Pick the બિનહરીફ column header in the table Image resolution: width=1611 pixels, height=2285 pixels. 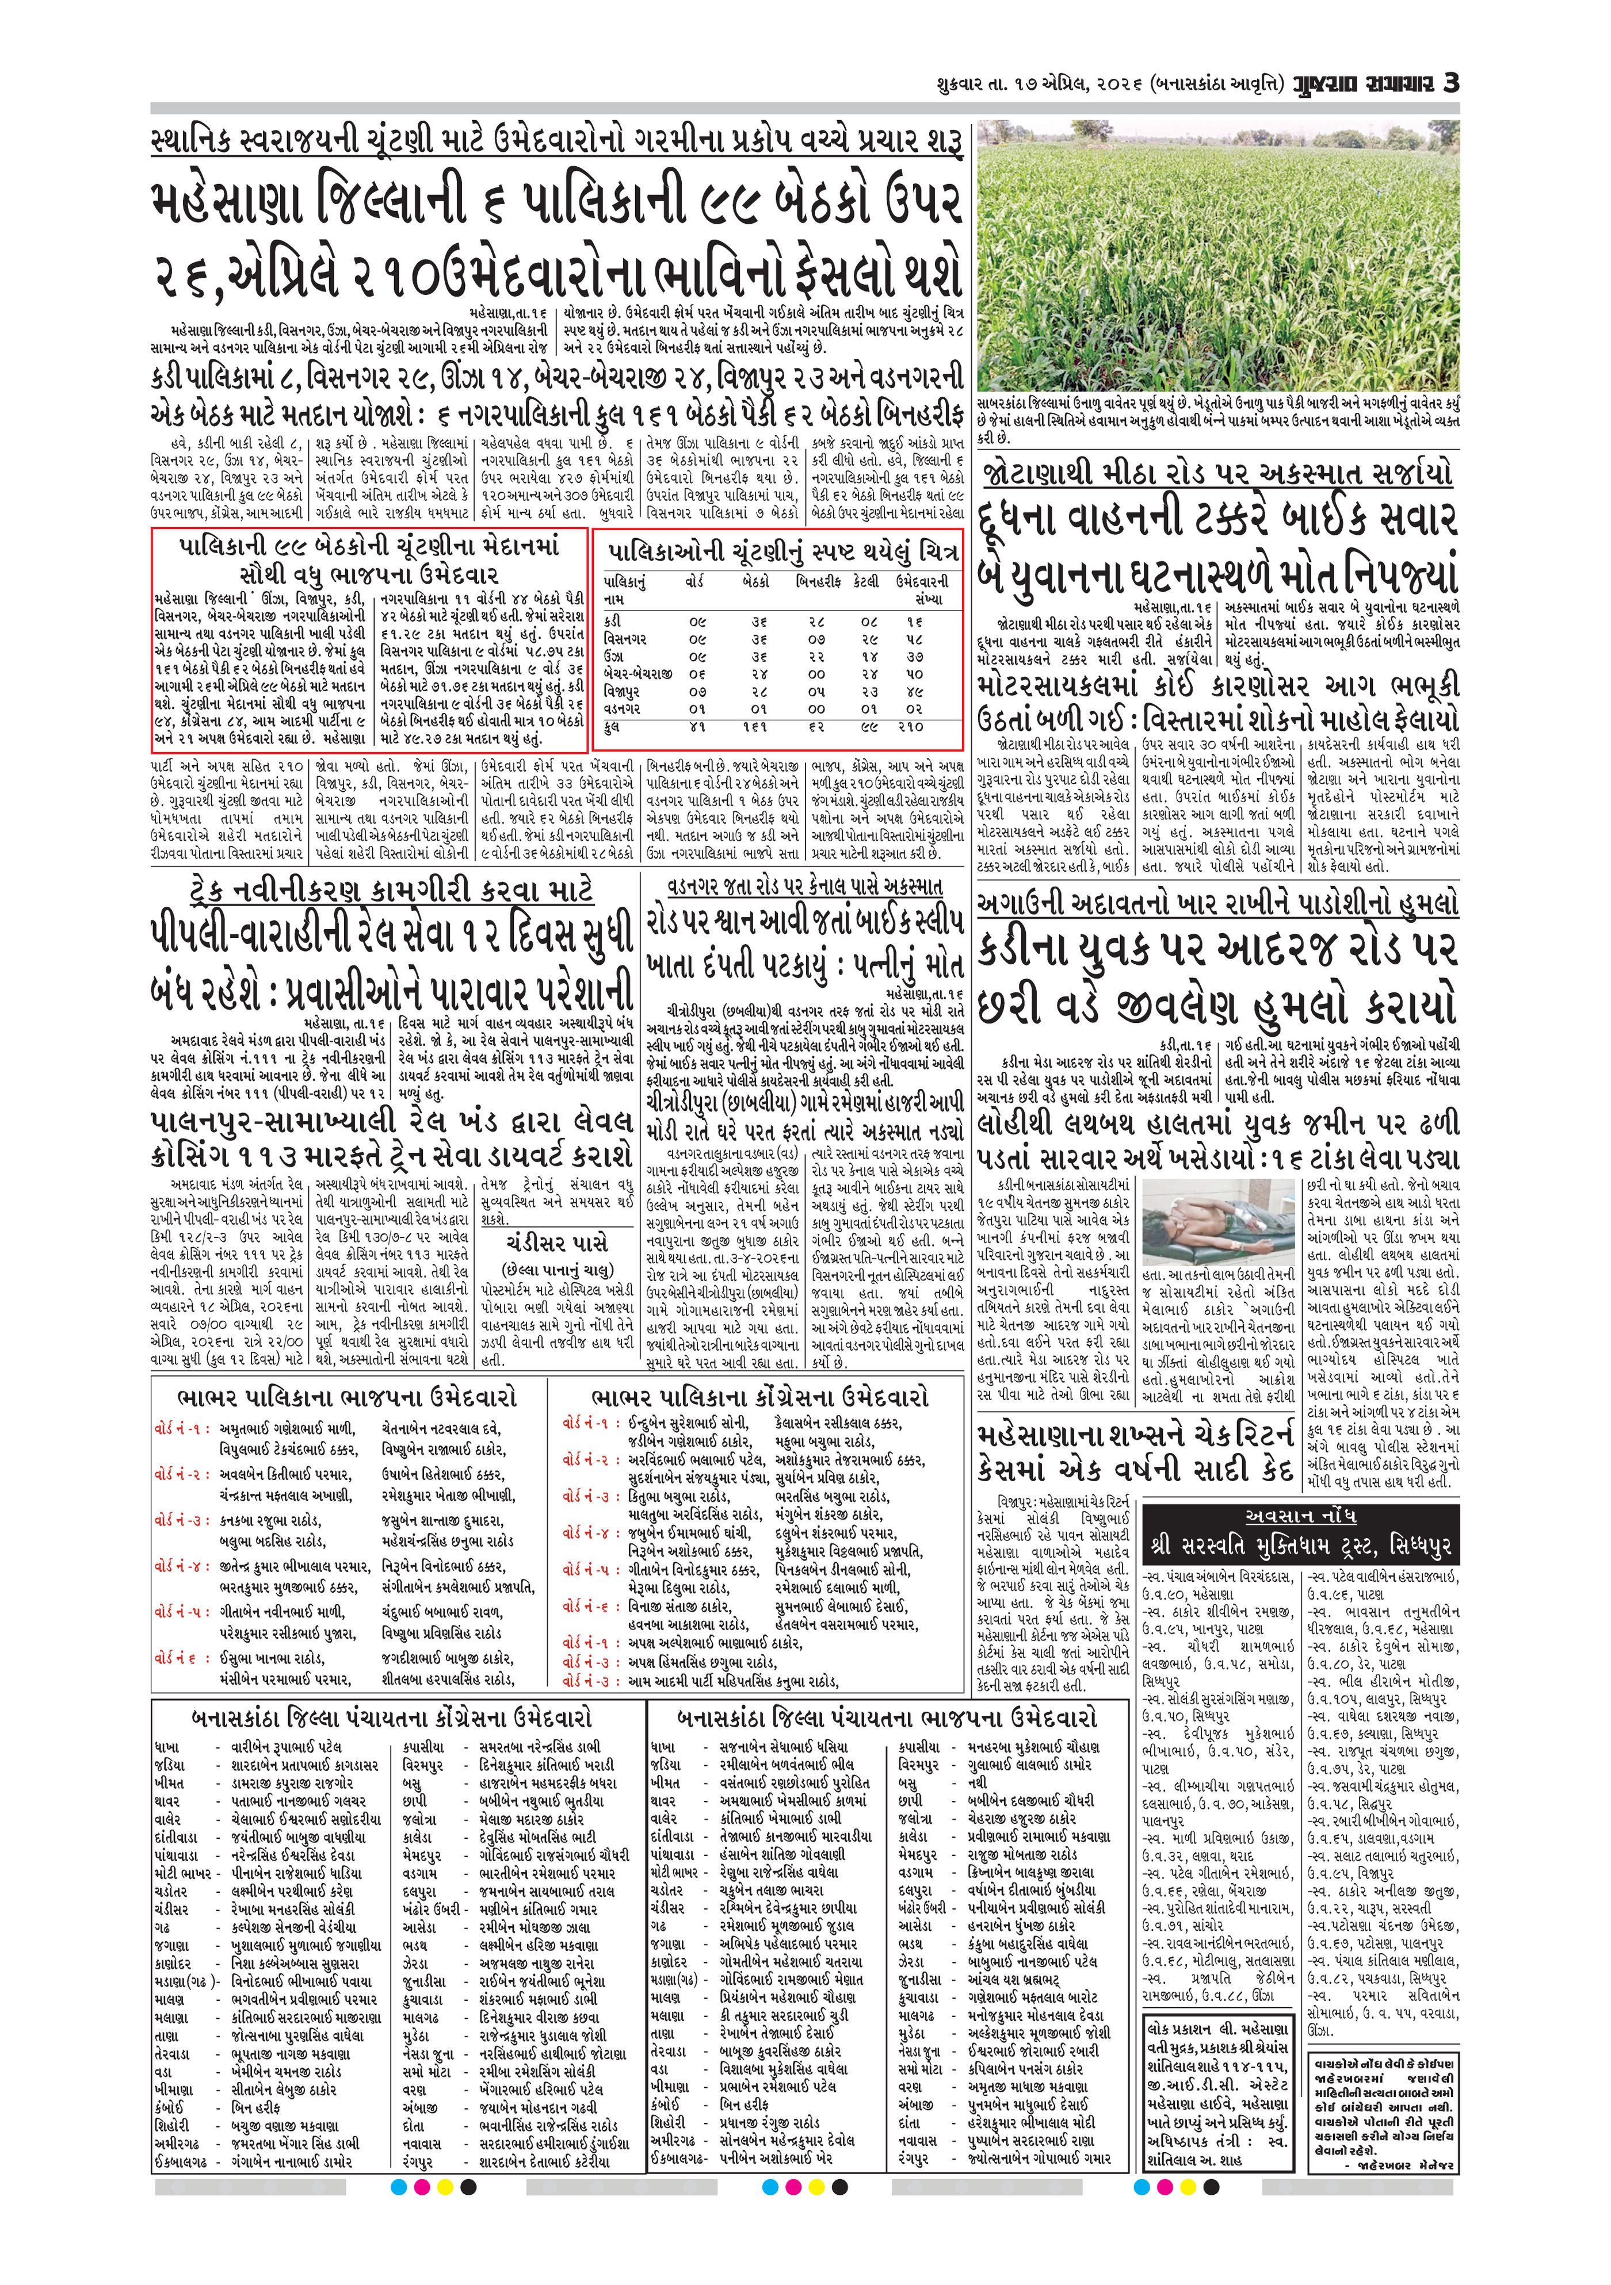point(818,580)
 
